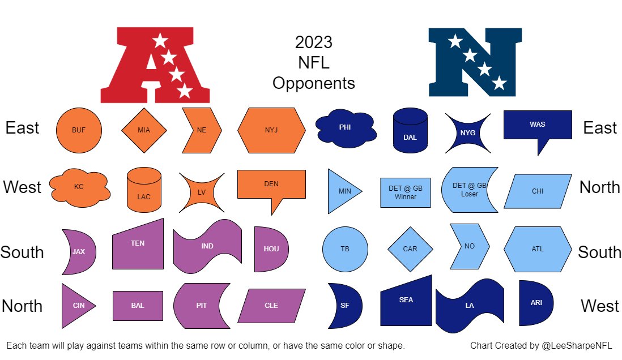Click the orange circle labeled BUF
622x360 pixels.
coord(79,130)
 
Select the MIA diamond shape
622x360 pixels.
coord(144,130)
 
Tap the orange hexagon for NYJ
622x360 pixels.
coord(271,130)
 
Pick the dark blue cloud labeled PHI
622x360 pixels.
coord(345,128)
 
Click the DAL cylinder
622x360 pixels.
coord(410,131)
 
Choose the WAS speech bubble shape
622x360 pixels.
coord(537,125)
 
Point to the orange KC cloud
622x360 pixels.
coord(79,186)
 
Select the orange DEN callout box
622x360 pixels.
coord(271,185)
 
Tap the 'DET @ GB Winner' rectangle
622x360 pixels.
coord(406,192)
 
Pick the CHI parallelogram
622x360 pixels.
coord(537,191)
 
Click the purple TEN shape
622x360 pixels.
coord(138,245)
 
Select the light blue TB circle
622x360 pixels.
coord(345,249)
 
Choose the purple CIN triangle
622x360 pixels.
coord(76,306)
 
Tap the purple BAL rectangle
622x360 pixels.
coord(138,306)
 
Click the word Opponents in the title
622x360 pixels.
coord(313,83)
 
